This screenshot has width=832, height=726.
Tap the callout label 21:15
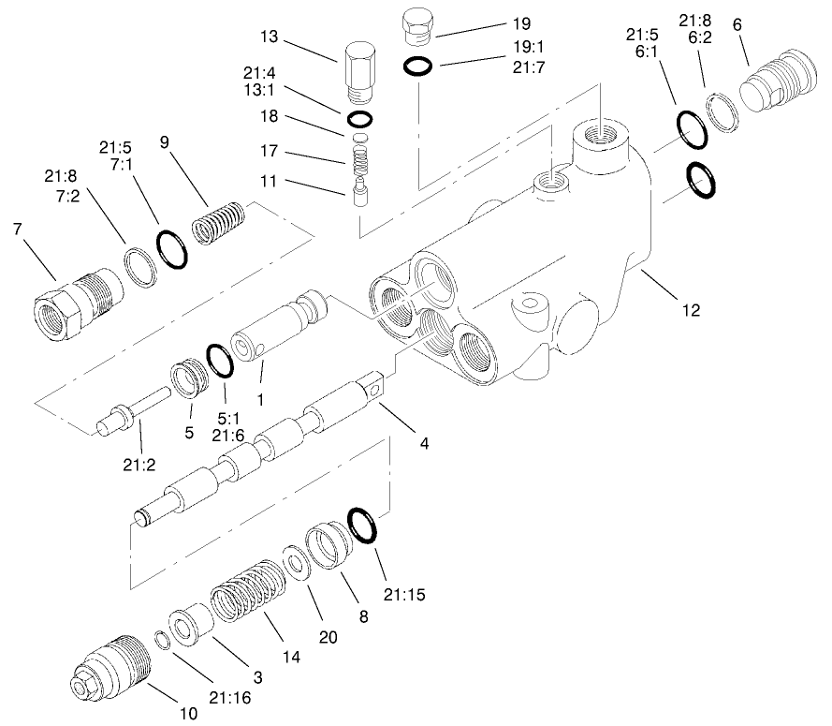pyautogui.click(x=404, y=593)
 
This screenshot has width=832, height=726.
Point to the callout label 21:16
pyautogui.click(x=228, y=697)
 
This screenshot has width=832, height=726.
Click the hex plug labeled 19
pyautogui.click(x=416, y=25)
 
